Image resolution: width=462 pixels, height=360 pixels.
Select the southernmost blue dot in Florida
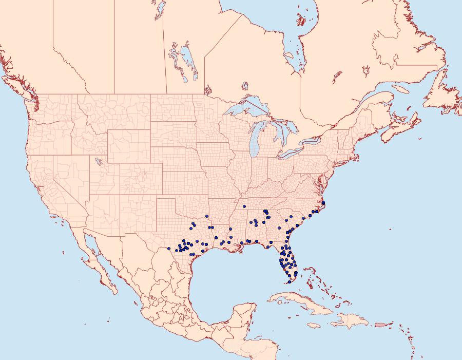pyautogui.click(x=290, y=282)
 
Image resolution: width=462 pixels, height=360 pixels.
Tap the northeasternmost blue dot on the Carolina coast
pyautogui.click(x=323, y=203)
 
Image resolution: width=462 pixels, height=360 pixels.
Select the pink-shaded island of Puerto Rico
pyautogui.click(x=379, y=324)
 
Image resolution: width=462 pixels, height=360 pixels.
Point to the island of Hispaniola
pyautogui.click(x=351, y=321)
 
